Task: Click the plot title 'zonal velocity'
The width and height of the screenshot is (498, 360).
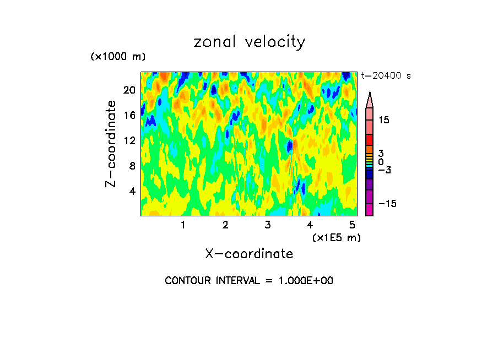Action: (249, 42)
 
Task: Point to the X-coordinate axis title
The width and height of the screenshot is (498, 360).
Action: (249, 254)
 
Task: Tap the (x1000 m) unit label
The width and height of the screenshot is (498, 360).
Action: (118, 57)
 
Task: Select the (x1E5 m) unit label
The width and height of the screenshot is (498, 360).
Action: (336, 237)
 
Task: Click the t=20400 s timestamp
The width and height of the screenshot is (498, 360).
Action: (386, 76)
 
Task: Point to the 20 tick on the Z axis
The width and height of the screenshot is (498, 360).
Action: (129, 90)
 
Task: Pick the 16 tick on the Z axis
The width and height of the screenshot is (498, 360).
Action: (129, 116)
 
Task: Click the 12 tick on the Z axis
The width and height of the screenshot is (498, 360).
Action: (129, 141)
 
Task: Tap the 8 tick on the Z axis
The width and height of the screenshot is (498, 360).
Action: (132, 166)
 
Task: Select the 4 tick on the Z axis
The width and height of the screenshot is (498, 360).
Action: (132, 192)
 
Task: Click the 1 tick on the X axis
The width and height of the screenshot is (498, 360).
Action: (183, 225)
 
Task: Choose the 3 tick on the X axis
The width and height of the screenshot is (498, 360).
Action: (268, 225)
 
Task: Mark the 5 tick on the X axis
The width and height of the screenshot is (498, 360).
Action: (352, 225)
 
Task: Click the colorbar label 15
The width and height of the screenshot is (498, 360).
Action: (383, 120)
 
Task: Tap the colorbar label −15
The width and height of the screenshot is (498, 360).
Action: (387, 204)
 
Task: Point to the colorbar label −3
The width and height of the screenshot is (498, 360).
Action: (384, 170)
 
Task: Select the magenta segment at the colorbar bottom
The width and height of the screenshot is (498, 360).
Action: (369, 210)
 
